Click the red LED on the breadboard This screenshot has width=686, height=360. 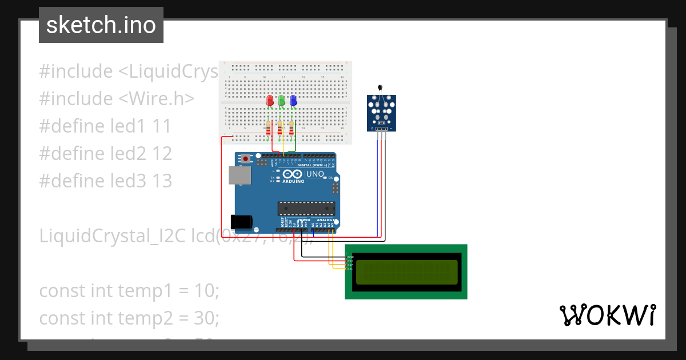(270, 101)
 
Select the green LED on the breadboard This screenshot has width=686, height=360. (281, 101)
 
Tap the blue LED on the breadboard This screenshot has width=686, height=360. (293, 101)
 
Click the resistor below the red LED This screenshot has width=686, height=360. (269, 130)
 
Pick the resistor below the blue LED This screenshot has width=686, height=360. (292, 130)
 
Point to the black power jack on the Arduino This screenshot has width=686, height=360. (241, 221)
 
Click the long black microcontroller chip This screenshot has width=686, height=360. (306, 208)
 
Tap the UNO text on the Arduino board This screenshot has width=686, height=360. (315, 174)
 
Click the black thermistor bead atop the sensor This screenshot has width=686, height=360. (380, 87)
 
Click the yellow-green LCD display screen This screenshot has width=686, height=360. (406, 272)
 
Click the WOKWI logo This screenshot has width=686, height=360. (607, 315)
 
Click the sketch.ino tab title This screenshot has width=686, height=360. (101, 25)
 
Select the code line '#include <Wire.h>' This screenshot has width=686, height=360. (117, 98)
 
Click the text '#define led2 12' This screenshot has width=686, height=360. (106, 153)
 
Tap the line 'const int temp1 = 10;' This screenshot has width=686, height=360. (129, 290)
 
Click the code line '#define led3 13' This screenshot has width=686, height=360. (106, 181)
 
